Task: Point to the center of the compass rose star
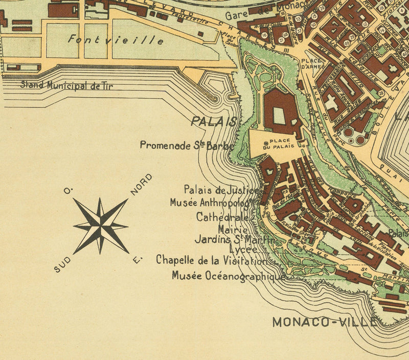click(x=101, y=226)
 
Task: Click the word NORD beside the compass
click(x=142, y=184)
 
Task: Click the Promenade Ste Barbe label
click(x=187, y=145)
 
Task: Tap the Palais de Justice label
click(x=221, y=190)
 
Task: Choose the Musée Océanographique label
click(x=228, y=276)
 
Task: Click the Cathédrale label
click(x=222, y=217)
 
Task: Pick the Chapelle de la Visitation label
click(x=212, y=260)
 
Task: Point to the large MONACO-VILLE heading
click(x=325, y=322)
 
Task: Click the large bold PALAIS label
click(x=214, y=121)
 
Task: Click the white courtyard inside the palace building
click(x=279, y=115)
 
